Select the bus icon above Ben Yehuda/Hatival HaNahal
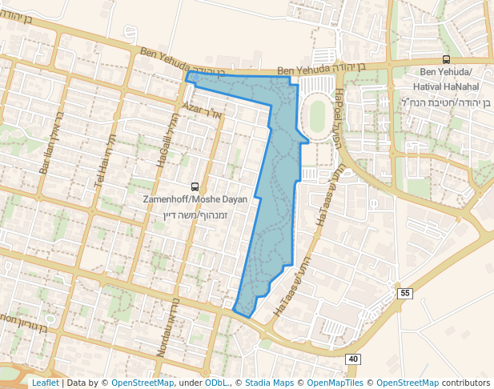(x=446, y=60)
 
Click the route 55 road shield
(x=404, y=294)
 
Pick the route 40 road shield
(x=353, y=359)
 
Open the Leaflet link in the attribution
(x=45, y=383)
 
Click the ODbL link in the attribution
(x=215, y=383)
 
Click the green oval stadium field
(x=318, y=117)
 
